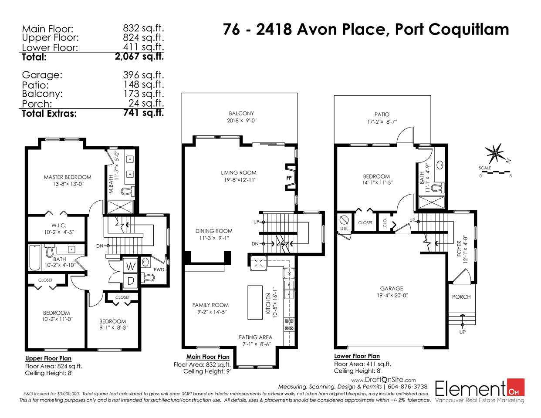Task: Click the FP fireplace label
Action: pos(289,178)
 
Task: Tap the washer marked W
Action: pos(130,266)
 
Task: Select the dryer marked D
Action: pos(130,281)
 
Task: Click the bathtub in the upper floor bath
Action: pos(35,258)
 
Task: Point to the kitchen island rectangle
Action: pos(255,302)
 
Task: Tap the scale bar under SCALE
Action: pos(495,172)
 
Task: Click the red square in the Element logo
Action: pos(516,387)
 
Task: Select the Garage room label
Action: pos(391,288)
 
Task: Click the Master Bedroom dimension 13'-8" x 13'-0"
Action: pos(68,184)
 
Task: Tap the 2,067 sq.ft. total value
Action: pos(139,57)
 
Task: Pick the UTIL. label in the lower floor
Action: pos(345,229)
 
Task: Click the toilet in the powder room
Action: pos(148,277)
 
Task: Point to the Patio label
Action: pos(382,115)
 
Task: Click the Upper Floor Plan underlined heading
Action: pos(48,358)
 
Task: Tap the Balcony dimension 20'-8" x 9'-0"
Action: pos(241,121)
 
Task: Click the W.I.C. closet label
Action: pos(59,226)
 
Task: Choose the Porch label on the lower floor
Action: pos(461,297)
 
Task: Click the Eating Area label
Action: pos(255,337)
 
